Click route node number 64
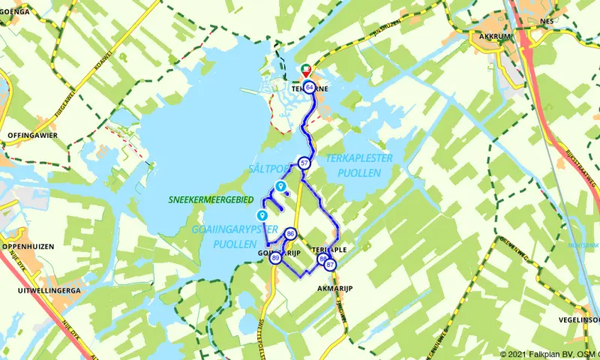(309, 88)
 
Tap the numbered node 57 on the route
(304, 163)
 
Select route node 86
(290, 234)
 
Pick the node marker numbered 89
(276, 258)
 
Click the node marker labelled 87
(330, 264)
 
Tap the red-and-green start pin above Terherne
(306, 70)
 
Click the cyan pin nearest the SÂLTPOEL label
(280, 186)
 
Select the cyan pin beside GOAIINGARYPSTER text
(262, 215)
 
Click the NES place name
(546, 22)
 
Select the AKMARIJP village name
(334, 288)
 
